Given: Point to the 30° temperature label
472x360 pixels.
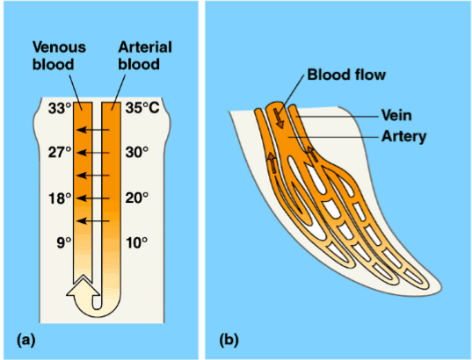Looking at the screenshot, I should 137,152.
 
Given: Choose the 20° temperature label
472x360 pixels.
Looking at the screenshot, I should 137,198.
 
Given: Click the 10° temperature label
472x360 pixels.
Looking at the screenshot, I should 137,242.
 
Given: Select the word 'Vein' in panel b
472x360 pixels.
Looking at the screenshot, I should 396,113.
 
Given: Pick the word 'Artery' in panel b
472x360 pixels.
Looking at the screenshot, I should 403,135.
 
